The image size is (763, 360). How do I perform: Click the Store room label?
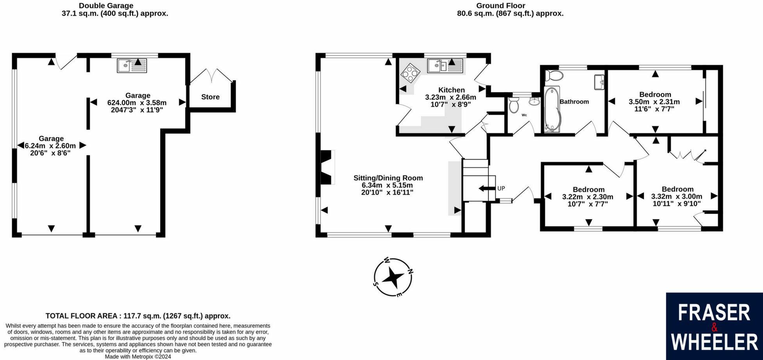[x=210, y=97]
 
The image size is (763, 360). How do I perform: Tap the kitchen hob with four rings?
[x=409, y=73]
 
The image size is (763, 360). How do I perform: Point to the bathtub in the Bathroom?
[x=551, y=109]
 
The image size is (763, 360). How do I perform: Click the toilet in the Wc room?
[x=514, y=105]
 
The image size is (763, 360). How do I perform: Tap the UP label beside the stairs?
[x=501, y=188]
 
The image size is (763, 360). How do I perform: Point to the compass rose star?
[x=393, y=278]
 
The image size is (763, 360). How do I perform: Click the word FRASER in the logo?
[x=714, y=313]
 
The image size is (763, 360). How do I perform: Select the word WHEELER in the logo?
[x=714, y=342]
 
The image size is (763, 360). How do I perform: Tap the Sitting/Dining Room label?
[x=388, y=178]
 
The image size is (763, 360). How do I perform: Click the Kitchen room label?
[x=451, y=90]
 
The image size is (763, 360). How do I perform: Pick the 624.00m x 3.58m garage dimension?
[x=137, y=103]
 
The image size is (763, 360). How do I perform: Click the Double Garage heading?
[x=106, y=6]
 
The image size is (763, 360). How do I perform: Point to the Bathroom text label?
[x=574, y=102]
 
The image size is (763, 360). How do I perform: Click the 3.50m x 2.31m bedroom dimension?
[x=654, y=102]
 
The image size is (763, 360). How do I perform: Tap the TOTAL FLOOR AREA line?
[x=138, y=316]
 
